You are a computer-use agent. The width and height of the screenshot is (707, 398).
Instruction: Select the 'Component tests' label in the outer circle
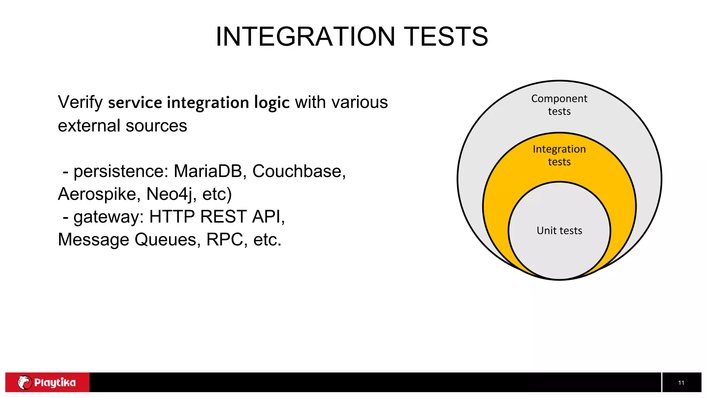pos(559,105)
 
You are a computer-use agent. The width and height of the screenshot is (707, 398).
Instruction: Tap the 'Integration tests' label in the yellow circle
pos(559,155)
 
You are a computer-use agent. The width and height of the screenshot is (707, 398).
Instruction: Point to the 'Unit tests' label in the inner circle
pos(559,230)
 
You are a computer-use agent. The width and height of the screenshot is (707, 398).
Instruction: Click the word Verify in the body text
pos(80,103)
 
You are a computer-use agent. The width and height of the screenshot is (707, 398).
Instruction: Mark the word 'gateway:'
pos(108,217)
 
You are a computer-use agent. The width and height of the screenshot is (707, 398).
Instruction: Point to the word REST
pos(223,217)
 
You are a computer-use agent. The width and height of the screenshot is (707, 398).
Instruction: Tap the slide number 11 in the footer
pos(681,382)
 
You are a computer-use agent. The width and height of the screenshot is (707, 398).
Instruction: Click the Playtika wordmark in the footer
pos(55,382)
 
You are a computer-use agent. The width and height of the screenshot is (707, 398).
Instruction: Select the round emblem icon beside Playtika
pos(25,382)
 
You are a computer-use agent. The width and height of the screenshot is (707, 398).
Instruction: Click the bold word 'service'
pos(135,103)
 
